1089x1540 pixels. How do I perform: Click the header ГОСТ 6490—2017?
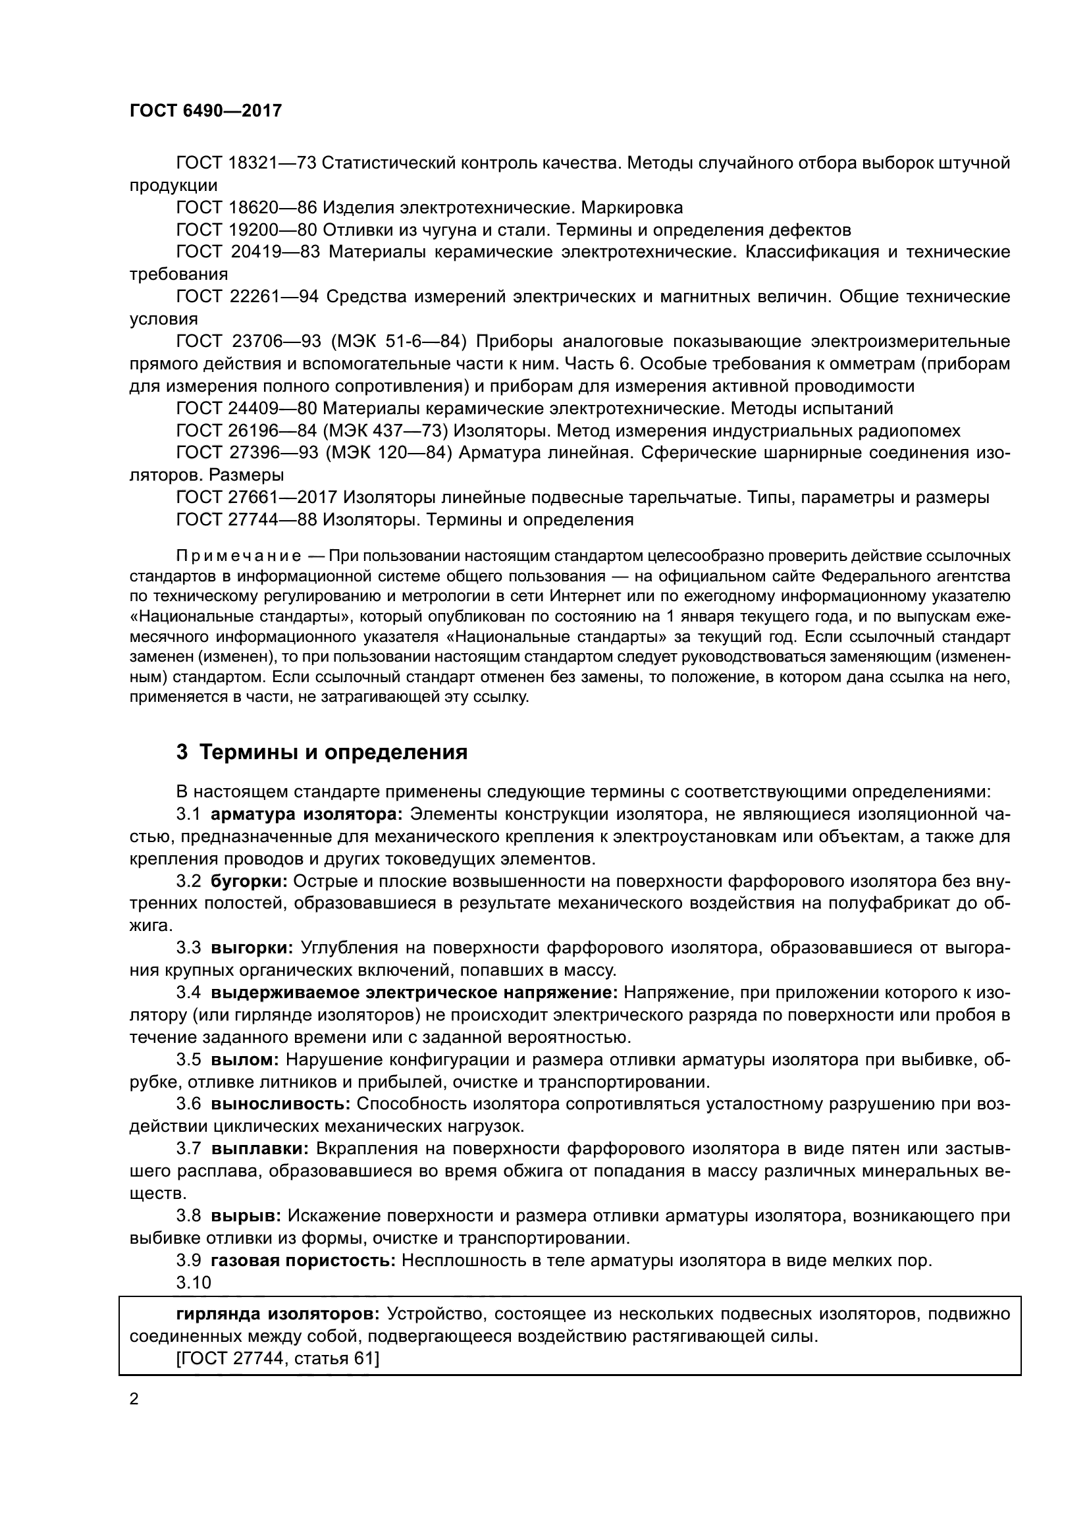tap(205, 111)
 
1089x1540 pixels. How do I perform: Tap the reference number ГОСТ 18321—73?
tap(246, 163)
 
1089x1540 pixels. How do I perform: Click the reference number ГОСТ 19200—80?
tap(246, 230)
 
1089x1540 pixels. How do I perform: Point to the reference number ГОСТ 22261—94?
tap(247, 296)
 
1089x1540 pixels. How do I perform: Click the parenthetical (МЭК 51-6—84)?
tap(398, 342)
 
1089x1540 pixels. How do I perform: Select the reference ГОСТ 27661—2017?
tap(256, 498)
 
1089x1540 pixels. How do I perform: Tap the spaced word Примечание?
tap(238, 556)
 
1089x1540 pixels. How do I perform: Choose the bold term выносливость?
tap(280, 1104)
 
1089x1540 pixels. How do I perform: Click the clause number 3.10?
tap(193, 1283)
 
